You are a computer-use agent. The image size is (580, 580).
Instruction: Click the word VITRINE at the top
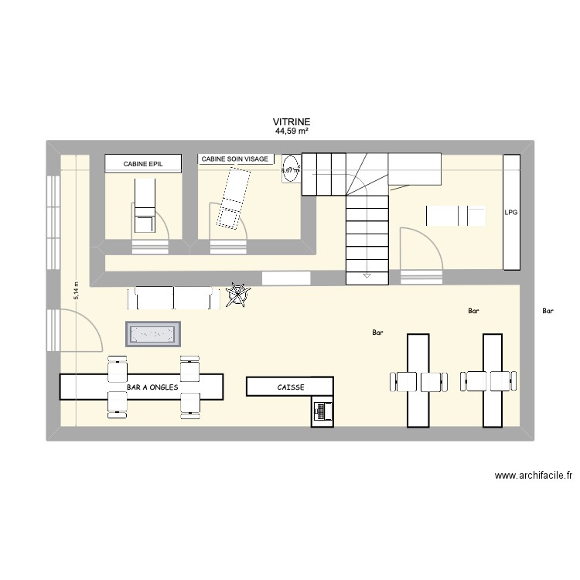tap(291, 122)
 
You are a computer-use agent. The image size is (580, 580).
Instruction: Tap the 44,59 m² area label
tap(291, 131)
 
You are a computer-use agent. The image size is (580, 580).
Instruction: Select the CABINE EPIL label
tap(143, 164)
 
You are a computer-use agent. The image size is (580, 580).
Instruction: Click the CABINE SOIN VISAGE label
tap(235, 159)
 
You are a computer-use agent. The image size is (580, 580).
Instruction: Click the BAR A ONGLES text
tap(152, 387)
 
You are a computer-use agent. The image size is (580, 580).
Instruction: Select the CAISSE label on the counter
tap(291, 387)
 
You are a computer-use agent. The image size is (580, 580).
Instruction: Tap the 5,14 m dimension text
tap(76, 289)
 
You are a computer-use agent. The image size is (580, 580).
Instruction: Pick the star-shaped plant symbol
tap(238, 295)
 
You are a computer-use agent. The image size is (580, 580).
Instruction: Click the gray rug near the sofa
tap(153, 334)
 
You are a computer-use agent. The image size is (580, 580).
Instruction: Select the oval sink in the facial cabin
tap(291, 170)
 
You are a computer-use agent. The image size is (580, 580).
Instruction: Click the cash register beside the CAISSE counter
tap(322, 411)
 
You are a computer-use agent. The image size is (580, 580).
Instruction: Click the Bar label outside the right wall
tap(548, 312)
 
